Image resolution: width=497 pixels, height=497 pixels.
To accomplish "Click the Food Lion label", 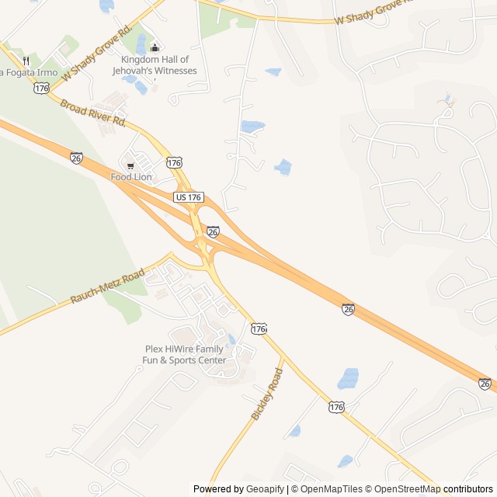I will click(x=130, y=177).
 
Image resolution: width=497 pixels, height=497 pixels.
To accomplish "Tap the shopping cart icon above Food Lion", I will click(x=130, y=165).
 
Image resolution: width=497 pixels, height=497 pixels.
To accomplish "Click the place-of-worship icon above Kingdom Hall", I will click(x=154, y=48).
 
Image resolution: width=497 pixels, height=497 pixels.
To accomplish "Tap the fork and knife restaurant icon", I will click(x=26, y=61).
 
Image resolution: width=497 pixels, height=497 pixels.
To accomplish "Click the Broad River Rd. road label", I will click(x=92, y=113).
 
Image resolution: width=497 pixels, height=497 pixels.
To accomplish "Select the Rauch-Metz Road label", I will click(x=108, y=287).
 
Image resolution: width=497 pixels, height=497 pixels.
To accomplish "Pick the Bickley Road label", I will click(x=267, y=394).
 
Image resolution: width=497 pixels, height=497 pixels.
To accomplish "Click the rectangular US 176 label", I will click(x=189, y=198).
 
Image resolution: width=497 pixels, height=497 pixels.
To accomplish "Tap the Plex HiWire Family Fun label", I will click(x=185, y=355).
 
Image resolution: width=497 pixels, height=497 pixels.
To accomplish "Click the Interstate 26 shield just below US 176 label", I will click(x=213, y=231).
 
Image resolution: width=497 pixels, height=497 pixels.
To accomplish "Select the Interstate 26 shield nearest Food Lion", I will click(x=76, y=158).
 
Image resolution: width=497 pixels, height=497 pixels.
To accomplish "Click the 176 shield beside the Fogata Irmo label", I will click(x=41, y=89).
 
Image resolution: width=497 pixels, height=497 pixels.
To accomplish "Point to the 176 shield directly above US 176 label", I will click(x=174, y=162).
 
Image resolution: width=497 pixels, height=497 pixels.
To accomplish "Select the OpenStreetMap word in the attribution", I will click(x=408, y=489).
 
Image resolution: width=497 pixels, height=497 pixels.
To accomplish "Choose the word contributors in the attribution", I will click(x=468, y=489).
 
